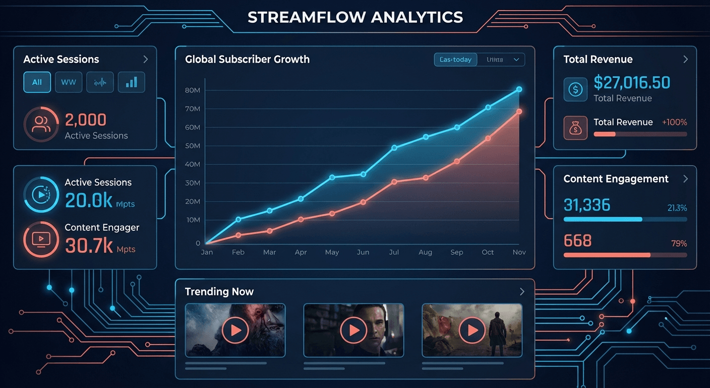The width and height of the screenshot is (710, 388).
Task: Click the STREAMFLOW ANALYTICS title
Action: click(355, 17)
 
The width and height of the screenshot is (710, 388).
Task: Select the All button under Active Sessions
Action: click(37, 82)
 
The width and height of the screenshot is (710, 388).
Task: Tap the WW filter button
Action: click(69, 82)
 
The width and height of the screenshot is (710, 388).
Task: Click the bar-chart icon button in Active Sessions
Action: click(131, 82)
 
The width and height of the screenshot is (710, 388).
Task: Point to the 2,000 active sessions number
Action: click(86, 120)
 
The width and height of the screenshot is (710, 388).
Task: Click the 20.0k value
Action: click(89, 201)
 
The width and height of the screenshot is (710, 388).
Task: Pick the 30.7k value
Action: click(89, 246)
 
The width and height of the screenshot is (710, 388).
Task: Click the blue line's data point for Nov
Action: click(519, 89)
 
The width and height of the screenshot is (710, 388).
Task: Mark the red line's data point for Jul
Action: click(394, 182)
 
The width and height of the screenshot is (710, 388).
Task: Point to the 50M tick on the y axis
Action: click(193, 146)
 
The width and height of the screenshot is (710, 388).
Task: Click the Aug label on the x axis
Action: click(425, 252)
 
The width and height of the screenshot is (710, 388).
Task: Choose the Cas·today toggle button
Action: click(455, 60)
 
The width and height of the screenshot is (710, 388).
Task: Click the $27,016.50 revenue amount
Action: click(632, 82)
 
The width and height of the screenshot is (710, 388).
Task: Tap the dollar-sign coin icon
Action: click(575, 89)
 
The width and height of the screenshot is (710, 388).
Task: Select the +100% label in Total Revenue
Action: click(674, 122)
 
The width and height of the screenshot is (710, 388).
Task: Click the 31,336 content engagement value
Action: click(587, 205)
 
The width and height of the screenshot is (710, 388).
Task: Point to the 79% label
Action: click(679, 244)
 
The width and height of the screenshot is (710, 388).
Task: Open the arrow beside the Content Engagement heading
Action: click(685, 179)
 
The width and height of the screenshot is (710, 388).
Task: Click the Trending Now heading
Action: click(219, 292)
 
